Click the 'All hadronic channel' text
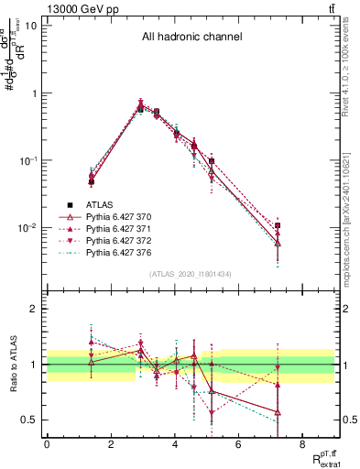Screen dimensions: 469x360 191,38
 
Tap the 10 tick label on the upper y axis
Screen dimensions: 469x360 29,26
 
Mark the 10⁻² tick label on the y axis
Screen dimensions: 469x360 26,228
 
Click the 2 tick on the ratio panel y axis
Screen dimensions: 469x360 33,309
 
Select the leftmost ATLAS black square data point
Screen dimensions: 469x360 91,181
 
